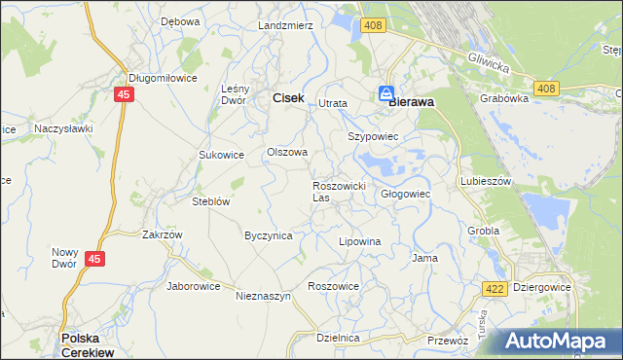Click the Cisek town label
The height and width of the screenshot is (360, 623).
(x=288, y=98)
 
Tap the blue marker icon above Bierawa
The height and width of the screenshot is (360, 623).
(x=386, y=93)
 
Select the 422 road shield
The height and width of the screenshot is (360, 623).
(x=493, y=289)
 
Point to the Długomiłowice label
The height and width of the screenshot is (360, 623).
(x=164, y=79)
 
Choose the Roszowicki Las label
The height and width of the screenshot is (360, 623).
(x=338, y=191)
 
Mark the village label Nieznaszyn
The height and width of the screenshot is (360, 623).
(x=264, y=296)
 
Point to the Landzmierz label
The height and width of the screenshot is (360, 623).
(x=285, y=25)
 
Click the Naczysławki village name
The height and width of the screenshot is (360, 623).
(x=63, y=127)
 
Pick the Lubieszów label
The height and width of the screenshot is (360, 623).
(x=486, y=181)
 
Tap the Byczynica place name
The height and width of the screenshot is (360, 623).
(x=269, y=235)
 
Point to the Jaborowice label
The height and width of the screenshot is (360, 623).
(x=194, y=286)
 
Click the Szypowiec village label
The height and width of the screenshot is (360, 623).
(x=374, y=137)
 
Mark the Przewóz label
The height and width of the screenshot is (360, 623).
(x=449, y=341)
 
